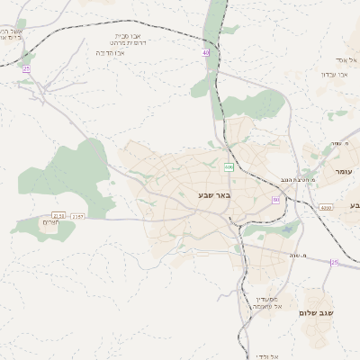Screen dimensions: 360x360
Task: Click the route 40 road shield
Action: pyautogui.click(x=206, y=53)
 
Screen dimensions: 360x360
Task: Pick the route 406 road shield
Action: pyautogui.click(x=229, y=166)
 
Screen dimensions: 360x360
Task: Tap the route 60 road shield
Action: pyautogui.click(x=275, y=200)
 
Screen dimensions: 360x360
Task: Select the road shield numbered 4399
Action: pyautogui.click(x=325, y=207)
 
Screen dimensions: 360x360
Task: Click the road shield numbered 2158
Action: pyautogui.click(x=59, y=215)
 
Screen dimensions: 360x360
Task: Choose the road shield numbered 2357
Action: pyautogui.click(x=77, y=216)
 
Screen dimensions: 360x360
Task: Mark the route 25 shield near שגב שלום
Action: pyautogui.click(x=334, y=263)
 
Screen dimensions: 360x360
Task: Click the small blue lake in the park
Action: pyautogui.click(x=286, y=227)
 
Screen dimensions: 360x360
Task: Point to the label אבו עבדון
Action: pyautogui.click(x=335, y=74)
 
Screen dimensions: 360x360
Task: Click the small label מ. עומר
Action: pyautogui.click(x=338, y=143)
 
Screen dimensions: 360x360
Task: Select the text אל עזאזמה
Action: pyautogui.click(x=267, y=307)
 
